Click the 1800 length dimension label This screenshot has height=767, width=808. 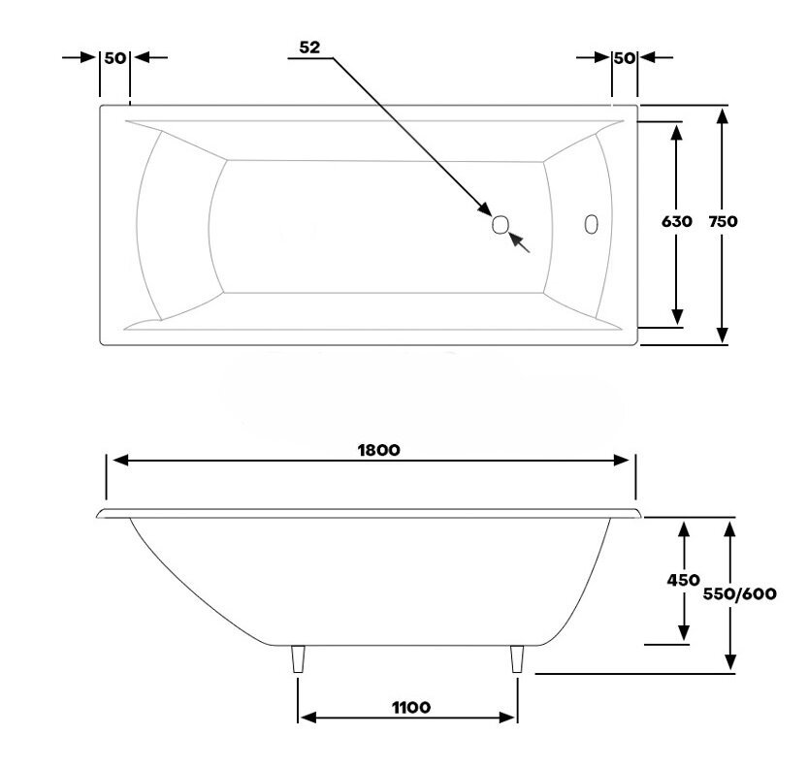pos(378,450)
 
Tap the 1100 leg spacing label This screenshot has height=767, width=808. pos(410,707)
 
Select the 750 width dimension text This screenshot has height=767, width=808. pos(723,221)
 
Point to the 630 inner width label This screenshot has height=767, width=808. pos(677,221)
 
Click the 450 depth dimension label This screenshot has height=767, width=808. pos(683,580)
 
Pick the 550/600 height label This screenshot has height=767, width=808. pos(739,594)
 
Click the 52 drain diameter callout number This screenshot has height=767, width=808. pos(309,48)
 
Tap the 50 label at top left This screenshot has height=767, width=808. pos(114,58)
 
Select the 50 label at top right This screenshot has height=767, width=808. pos(625,58)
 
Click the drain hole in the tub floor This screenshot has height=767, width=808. pos(501,225)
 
